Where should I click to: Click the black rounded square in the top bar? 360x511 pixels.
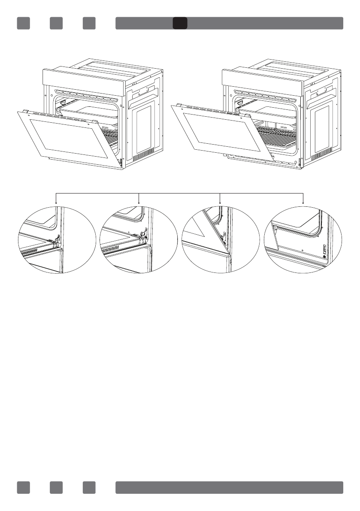tap(180, 23)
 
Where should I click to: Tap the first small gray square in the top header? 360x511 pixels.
tap(23, 23)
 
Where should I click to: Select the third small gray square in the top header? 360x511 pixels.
tap(89, 23)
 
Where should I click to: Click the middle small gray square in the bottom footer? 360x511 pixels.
tap(56, 487)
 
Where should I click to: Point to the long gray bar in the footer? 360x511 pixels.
tap(229, 487)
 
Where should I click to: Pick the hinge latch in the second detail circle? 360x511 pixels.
tap(143, 234)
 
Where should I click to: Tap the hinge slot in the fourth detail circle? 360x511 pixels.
tap(324, 249)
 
